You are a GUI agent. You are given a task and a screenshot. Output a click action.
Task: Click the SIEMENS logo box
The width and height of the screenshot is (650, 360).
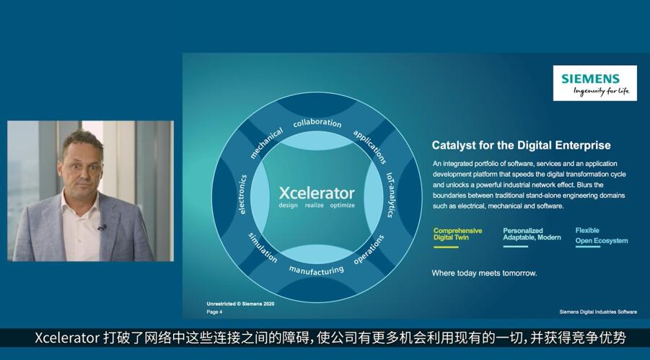(595, 83)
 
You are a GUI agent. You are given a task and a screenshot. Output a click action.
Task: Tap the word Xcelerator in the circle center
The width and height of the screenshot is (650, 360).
(317, 193)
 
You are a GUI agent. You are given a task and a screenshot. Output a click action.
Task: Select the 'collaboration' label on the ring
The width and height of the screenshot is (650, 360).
(317, 123)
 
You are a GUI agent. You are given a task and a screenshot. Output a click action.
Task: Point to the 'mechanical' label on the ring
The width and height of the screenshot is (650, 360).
(266, 143)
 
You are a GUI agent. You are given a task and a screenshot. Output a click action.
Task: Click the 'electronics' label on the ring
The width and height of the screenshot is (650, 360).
(243, 194)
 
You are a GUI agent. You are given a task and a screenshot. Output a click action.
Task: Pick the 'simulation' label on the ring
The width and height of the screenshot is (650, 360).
(263, 247)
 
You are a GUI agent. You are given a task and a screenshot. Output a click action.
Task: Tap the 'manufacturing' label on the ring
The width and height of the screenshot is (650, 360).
(316, 270)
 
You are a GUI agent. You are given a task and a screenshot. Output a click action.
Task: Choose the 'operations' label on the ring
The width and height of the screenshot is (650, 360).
(369, 250)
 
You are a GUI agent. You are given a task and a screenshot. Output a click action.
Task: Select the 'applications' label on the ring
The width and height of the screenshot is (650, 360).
(369, 146)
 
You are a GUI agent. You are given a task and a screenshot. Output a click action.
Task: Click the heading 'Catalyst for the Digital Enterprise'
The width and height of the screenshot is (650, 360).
(521, 145)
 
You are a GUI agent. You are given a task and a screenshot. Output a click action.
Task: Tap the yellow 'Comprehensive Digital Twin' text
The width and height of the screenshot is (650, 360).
(457, 234)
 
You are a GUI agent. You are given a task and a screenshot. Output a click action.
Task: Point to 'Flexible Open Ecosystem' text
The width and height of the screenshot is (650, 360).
(602, 236)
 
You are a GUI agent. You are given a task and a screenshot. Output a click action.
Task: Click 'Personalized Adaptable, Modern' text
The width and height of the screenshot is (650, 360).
(532, 234)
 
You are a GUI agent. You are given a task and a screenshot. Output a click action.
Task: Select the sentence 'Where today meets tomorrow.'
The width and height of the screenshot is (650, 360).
(484, 273)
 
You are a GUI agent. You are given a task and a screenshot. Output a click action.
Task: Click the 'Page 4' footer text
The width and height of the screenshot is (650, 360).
(214, 312)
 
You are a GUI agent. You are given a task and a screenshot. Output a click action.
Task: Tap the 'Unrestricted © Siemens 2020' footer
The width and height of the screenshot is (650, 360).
(240, 304)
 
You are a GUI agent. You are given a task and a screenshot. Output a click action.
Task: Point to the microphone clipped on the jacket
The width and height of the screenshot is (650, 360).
(102, 227)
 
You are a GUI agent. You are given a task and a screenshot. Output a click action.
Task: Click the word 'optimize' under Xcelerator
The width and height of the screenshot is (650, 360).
(343, 206)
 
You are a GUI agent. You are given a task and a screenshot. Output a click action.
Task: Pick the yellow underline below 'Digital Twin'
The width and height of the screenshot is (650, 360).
(446, 247)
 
